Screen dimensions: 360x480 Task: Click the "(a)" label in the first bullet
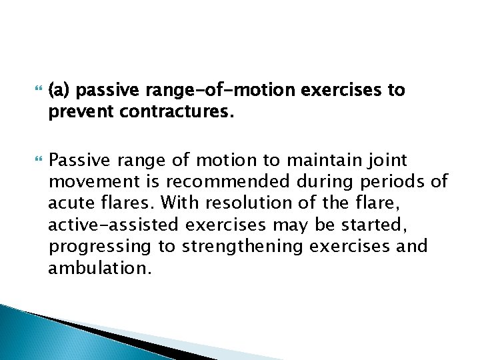61,90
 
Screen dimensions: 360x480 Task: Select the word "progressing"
101,247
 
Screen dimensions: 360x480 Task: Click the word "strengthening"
243,247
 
